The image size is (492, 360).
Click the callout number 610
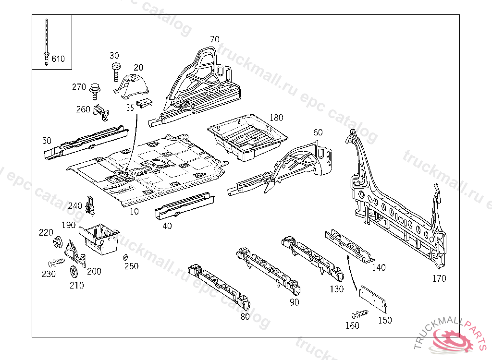(58, 59)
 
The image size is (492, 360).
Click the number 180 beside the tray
(276, 118)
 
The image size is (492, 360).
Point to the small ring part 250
(126, 258)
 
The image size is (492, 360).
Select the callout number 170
(439, 278)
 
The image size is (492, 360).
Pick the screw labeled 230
(57, 263)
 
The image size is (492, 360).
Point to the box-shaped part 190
(100, 239)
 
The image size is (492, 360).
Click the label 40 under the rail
(167, 226)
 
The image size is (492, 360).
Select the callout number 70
(214, 39)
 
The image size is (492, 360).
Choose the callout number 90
(294, 302)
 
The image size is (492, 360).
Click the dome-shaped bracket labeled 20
(133, 84)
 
